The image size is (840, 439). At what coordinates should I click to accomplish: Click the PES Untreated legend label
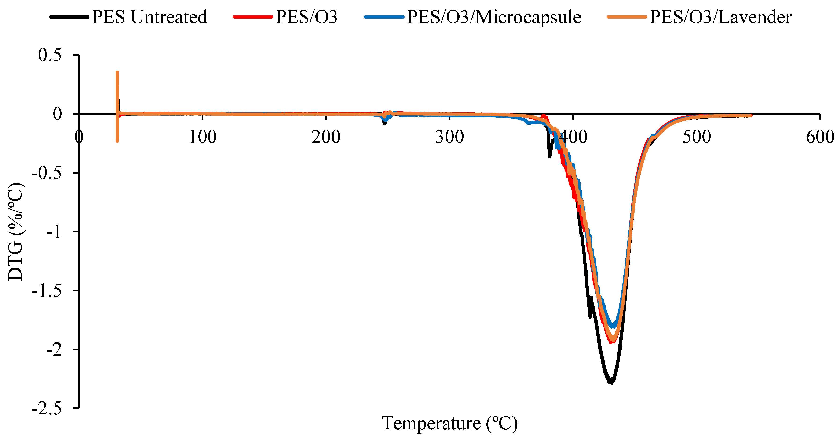[149, 17]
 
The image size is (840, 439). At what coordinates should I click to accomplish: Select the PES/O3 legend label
[306, 17]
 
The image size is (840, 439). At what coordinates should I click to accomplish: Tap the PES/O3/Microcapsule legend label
[494, 17]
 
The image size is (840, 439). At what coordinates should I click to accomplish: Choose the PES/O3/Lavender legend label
[721, 17]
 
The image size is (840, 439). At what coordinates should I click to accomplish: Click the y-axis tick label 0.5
[50, 55]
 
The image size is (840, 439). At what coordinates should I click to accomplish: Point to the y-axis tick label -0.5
[47, 173]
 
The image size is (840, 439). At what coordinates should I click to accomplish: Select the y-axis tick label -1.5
[47, 290]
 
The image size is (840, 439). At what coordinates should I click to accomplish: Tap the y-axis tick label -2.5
[47, 408]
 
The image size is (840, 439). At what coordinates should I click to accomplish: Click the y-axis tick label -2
[54, 350]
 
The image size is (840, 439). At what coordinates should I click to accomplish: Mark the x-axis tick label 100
[202, 137]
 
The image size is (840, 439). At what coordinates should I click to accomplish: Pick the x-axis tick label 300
[449, 137]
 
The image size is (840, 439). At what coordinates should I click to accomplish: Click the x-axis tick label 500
[697, 137]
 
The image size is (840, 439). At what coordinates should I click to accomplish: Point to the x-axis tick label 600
[820, 137]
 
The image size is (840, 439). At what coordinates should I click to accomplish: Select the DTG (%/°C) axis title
[16, 231]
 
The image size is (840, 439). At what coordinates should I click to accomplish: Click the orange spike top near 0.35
[117, 72]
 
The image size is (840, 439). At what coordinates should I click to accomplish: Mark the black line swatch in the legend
[69, 17]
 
